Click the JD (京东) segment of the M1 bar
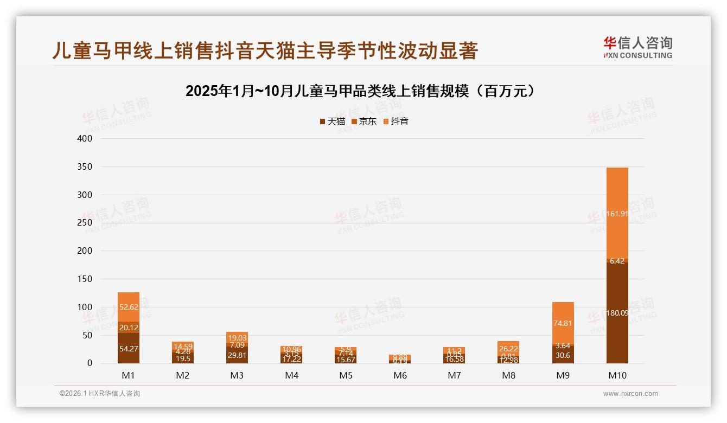(129, 327)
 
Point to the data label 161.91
(617, 214)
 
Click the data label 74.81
(563, 323)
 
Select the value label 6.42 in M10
(617, 261)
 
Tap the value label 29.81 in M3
(237, 355)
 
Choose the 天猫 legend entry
(333, 121)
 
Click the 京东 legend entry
(364, 121)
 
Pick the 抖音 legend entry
(396, 121)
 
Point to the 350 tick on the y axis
(84, 166)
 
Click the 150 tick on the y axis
(84, 279)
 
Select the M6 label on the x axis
(400, 375)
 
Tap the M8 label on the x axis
(508, 375)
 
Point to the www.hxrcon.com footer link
(630, 394)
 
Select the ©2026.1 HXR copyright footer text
(100, 394)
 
